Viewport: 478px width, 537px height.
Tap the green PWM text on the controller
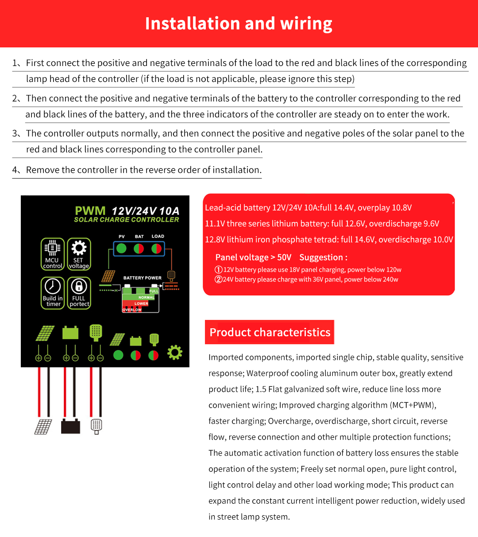click(x=90, y=211)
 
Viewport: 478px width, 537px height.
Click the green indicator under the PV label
click(x=121, y=249)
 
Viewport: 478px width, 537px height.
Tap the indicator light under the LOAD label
click(x=156, y=249)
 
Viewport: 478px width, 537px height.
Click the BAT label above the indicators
click(x=139, y=237)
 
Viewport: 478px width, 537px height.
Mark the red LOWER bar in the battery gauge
click(x=141, y=304)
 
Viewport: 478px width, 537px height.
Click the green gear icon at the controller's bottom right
click(x=175, y=353)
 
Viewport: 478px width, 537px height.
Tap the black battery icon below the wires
click(x=70, y=426)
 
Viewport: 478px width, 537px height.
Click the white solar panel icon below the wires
click(x=43, y=427)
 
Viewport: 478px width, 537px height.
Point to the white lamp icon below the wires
click(x=96, y=426)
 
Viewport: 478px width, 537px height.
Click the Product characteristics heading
click(x=270, y=332)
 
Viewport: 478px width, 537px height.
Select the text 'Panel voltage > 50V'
click(x=253, y=257)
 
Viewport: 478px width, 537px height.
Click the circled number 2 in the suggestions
click(x=218, y=280)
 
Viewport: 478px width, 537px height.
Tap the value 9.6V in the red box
click(x=430, y=224)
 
